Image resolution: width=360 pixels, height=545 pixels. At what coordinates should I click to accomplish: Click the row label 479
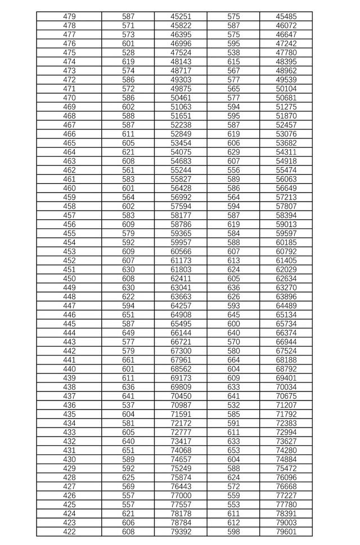(x=69, y=17)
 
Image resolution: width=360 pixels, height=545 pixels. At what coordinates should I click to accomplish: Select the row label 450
(x=69, y=278)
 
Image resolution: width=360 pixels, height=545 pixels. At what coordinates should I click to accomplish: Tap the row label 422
(x=69, y=532)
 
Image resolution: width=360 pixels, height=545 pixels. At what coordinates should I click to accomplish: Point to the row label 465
(x=69, y=143)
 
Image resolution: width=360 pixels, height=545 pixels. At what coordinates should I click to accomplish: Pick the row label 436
(x=69, y=405)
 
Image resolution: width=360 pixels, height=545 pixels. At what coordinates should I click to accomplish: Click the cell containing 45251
(x=181, y=17)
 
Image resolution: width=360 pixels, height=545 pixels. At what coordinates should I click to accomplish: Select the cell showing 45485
(x=286, y=17)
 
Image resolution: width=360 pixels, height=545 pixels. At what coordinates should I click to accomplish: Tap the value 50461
(x=181, y=98)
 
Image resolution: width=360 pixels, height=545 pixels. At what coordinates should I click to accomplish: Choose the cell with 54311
(x=286, y=152)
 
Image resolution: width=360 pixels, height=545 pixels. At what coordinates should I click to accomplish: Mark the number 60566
(x=181, y=251)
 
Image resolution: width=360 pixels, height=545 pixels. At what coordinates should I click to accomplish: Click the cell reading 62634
(x=286, y=278)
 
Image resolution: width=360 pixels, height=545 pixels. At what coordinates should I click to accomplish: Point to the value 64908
(x=181, y=314)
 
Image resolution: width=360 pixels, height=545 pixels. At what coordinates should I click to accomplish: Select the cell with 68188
(x=286, y=360)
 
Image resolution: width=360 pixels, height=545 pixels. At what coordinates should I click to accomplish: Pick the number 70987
(x=181, y=405)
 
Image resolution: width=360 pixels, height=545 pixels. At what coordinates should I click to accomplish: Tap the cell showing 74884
(x=286, y=459)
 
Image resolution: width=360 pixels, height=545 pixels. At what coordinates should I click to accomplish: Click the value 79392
(x=181, y=532)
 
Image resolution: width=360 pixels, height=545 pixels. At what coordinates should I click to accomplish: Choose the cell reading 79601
(x=286, y=532)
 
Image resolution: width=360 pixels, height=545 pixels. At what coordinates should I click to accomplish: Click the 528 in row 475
(x=128, y=53)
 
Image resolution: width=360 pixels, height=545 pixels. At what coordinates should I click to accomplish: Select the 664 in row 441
(x=233, y=360)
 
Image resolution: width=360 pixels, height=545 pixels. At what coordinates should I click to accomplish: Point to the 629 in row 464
(x=233, y=152)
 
